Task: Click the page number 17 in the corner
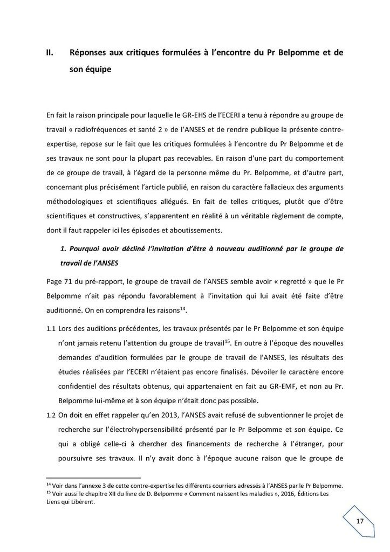point(360,522)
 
